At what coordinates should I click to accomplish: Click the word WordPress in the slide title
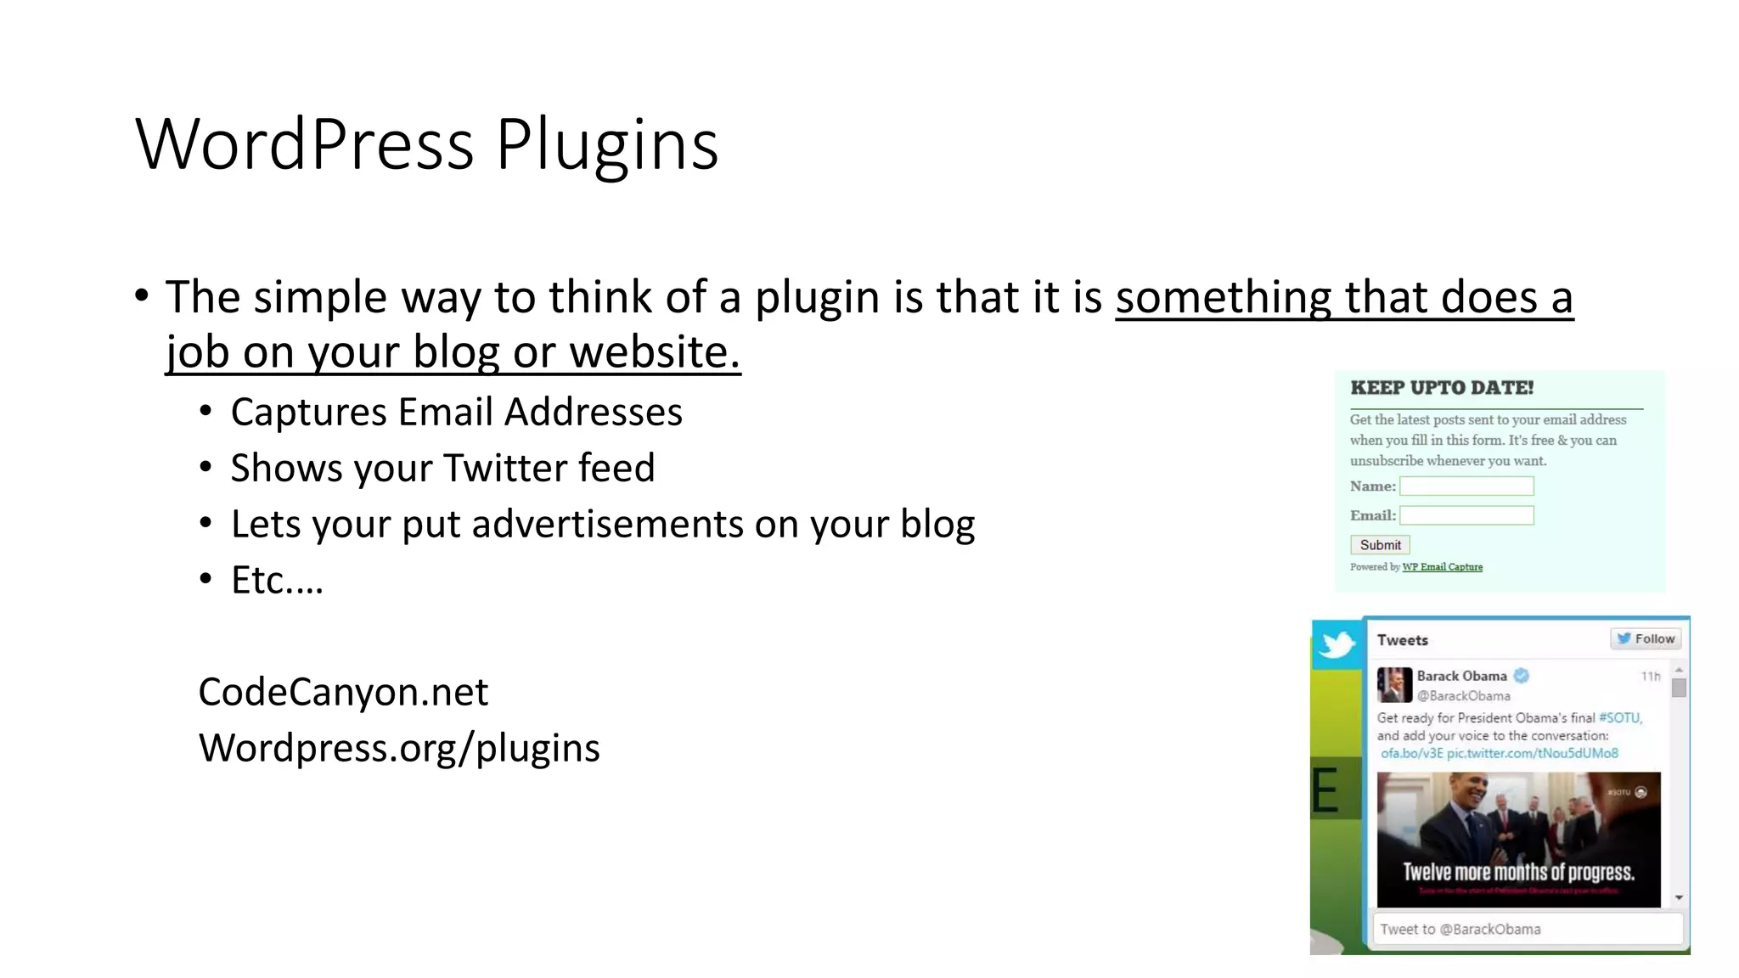304,144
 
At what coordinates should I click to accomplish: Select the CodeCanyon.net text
343,692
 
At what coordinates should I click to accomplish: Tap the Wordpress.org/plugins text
399,748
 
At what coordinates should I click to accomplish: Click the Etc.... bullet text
277,580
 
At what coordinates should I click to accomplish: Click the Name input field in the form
1466,486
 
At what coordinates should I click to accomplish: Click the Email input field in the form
1466,515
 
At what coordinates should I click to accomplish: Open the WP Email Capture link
1442,567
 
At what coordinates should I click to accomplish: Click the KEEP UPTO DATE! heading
1442,388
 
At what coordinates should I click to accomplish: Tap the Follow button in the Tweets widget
1646,639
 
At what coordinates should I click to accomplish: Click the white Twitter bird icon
1337,644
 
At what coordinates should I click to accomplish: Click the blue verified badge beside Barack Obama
1522,676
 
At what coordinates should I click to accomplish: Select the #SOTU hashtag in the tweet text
1619,717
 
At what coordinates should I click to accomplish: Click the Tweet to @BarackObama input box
1527,929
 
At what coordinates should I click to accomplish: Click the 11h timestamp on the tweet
1650,677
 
